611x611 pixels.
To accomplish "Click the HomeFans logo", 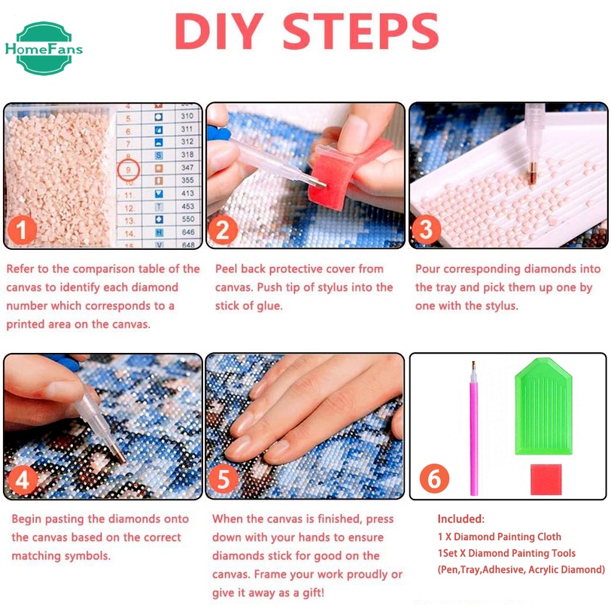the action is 44,48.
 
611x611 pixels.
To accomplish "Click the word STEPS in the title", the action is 361,31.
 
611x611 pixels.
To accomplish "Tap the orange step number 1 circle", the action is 22,230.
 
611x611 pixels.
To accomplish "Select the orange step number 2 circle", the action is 223,230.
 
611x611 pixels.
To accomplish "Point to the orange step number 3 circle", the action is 426,230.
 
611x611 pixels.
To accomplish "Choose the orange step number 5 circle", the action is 223,479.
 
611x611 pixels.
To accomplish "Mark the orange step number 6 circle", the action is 434,479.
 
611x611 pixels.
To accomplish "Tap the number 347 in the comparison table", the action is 187,167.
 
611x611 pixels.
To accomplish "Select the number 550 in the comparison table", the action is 188,219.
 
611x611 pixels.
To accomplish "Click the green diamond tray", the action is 543,406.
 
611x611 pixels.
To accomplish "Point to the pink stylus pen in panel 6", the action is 474,429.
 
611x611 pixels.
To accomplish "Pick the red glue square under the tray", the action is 546,479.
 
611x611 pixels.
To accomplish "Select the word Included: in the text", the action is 461,519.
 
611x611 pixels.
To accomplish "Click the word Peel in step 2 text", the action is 226,269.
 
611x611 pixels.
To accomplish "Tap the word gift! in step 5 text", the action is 313,593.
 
